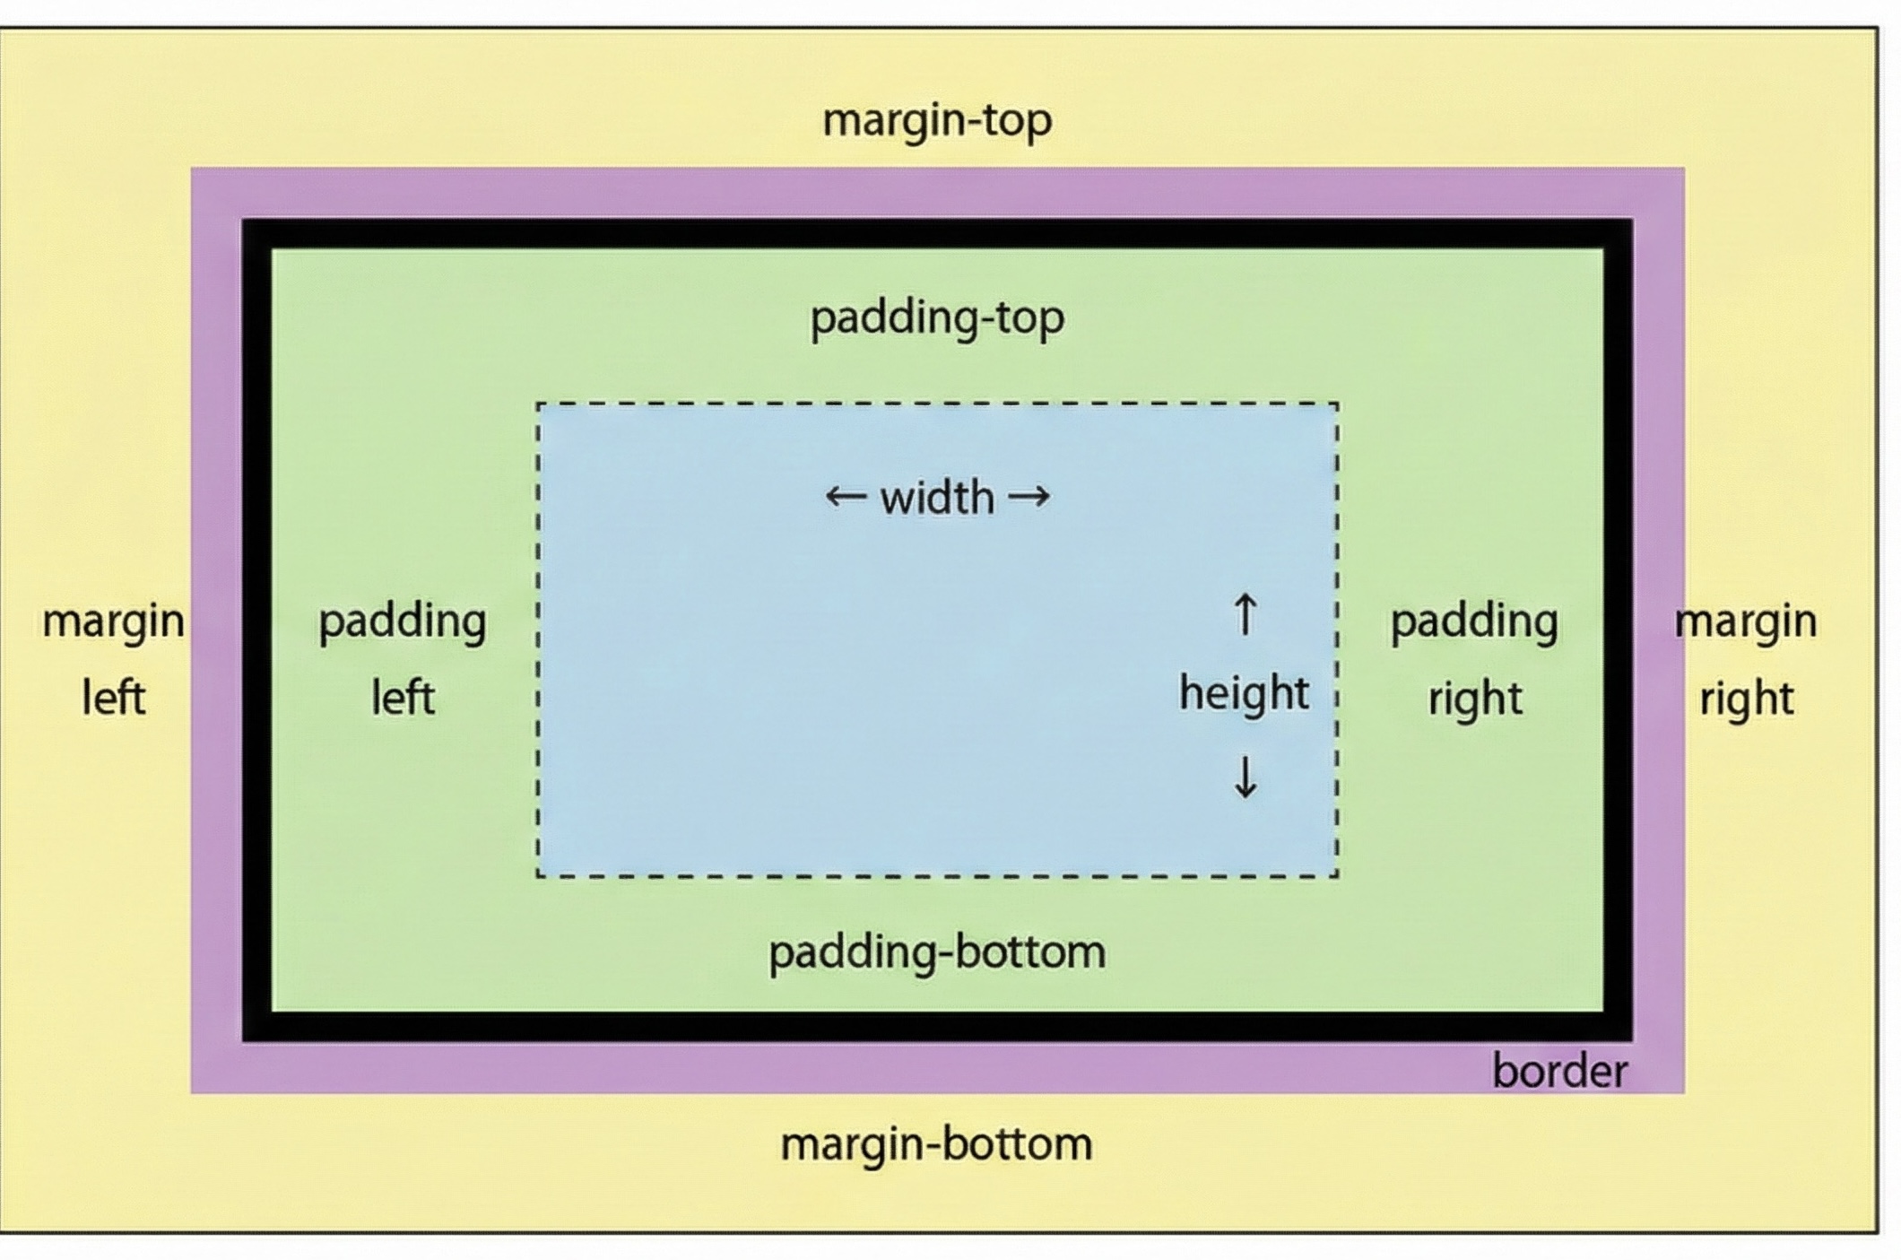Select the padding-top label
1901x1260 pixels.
[x=937, y=318]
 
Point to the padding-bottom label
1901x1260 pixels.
[x=937, y=952]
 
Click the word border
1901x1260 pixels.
[x=1559, y=1072]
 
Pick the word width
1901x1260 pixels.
[x=937, y=498]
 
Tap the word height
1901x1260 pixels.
[x=1244, y=693]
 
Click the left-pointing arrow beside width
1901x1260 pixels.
[x=845, y=496]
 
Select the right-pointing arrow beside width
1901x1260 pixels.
[x=1029, y=496]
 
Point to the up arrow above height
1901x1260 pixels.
[x=1245, y=614]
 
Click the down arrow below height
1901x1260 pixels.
[x=1245, y=777]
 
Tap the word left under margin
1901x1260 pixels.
[x=113, y=698]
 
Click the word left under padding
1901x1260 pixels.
[x=403, y=698]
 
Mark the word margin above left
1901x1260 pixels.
[x=113, y=621]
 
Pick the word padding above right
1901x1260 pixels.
[x=1474, y=621]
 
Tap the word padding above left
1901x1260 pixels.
[x=403, y=621]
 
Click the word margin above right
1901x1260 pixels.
[x=1746, y=621]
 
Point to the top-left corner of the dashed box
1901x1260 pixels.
[x=538, y=404]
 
